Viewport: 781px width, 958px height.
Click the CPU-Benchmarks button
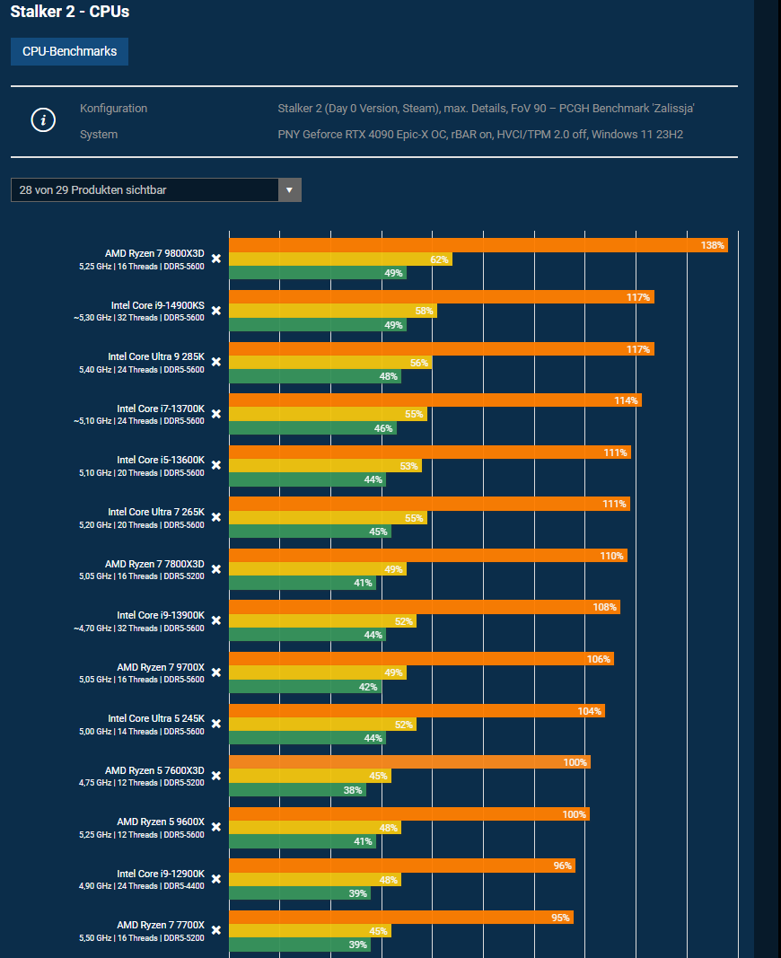(69, 52)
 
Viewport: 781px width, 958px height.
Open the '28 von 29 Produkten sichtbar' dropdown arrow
(289, 190)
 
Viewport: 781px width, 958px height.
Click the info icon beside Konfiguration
(44, 120)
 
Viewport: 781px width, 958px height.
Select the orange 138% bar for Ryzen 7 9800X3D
(478, 245)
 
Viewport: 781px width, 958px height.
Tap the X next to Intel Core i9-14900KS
(216, 311)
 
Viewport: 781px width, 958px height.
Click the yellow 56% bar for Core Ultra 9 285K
(330, 363)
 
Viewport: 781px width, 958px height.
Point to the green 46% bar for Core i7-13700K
(312, 428)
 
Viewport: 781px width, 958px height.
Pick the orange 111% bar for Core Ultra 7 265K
(429, 504)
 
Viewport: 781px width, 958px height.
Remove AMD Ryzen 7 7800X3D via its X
(216, 569)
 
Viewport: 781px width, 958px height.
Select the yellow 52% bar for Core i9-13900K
(322, 621)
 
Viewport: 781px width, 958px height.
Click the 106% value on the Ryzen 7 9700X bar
(599, 659)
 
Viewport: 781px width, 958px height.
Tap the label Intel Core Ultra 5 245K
(156, 719)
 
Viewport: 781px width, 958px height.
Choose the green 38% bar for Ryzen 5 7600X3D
(297, 790)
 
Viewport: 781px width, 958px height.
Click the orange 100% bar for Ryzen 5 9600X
(408, 814)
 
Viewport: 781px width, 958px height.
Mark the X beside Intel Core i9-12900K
(216, 879)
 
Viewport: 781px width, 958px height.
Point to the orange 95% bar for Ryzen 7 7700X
(400, 918)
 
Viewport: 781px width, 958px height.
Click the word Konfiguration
(113, 109)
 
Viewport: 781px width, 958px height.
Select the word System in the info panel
(99, 135)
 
